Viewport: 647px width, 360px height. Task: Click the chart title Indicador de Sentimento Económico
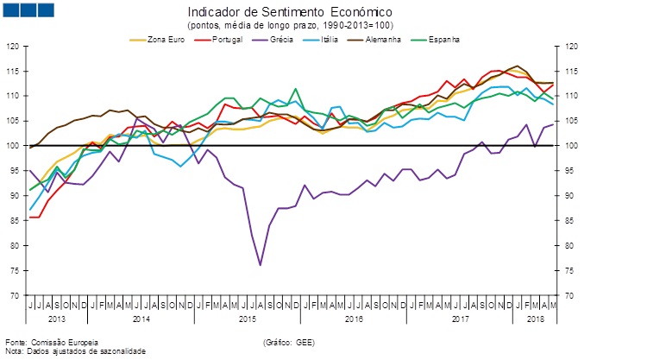tap(290, 13)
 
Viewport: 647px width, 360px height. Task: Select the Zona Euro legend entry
tap(163, 40)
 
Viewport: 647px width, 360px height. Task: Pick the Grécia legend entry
tap(283, 40)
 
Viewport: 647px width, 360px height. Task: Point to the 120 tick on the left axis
tap(12, 46)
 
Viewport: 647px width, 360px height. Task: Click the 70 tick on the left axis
tap(15, 296)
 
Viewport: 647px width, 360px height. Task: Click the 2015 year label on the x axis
tap(247, 319)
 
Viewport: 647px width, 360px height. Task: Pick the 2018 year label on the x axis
tap(534, 319)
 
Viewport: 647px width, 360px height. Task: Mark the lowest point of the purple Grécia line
tap(261, 265)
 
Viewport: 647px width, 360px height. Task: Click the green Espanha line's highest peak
tap(296, 88)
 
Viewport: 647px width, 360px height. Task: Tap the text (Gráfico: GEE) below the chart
tap(288, 343)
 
